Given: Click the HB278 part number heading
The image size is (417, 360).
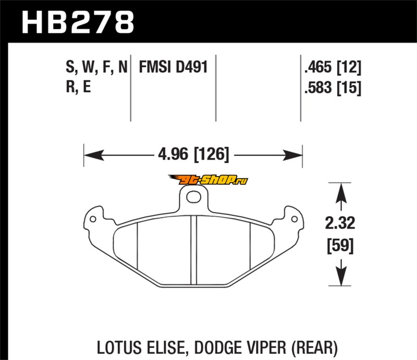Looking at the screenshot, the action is pos(78,22).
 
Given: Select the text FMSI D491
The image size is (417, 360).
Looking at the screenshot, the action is pos(173,67).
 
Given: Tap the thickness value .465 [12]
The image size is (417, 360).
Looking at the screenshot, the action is pos(333,67).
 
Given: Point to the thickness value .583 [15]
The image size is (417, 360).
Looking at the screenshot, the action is pos(333,88).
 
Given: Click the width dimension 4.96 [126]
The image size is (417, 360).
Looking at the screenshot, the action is pos(193,154).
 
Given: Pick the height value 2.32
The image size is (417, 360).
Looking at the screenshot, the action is pos(340,223).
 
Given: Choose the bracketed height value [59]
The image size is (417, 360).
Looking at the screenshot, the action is pos(340,246).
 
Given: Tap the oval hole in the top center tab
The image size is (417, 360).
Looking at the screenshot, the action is pos(193,197).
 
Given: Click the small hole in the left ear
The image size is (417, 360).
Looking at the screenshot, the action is pos(93,219).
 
